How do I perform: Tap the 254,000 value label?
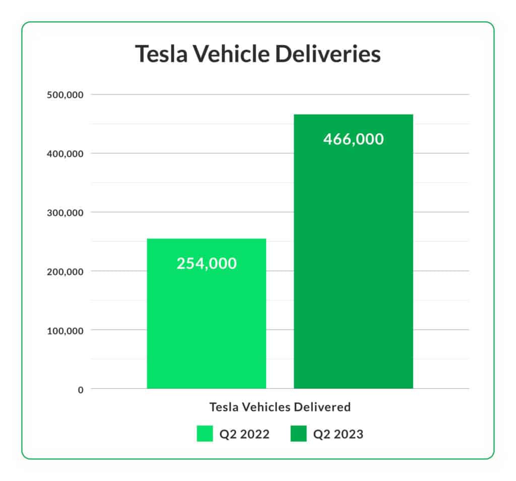(x=206, y=263)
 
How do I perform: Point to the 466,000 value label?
(x=353, y=139)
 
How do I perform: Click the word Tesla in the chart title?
(x=160, y=54)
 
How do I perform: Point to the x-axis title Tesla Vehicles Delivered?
(x=280, y=407)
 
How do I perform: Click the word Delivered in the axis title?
(x=325, y=407)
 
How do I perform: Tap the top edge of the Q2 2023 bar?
(x=353, y=115)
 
